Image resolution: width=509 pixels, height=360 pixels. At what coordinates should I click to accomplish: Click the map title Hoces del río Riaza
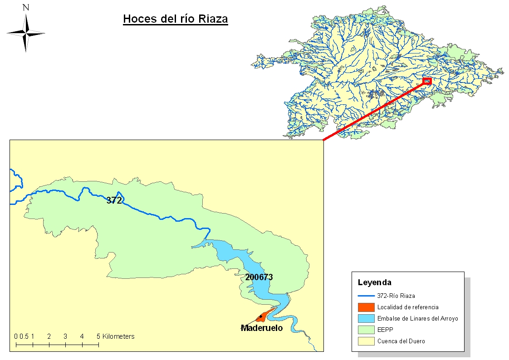pos(175,19)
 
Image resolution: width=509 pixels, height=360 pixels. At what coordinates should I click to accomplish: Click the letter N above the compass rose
pos(26,7)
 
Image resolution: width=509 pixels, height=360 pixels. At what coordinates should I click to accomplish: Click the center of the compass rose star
pos(26,33)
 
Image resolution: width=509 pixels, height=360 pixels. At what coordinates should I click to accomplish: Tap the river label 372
pos(114,200)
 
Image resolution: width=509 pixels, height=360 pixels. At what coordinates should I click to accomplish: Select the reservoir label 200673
pos(259,277)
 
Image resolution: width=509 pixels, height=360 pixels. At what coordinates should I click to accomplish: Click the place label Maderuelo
pos(262,328)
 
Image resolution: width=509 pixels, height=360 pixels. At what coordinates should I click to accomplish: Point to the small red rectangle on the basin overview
pos(427,81)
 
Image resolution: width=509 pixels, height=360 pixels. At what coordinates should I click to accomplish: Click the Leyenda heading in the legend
pos(374,282)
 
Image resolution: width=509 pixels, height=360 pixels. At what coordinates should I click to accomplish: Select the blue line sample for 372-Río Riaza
pos(366,296)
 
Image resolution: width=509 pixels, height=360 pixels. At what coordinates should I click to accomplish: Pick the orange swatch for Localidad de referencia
pos(366,307)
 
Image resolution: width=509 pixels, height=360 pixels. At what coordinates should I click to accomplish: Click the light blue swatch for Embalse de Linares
pos(366,318)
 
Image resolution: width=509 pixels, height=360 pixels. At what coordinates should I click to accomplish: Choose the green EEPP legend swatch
pos(366,330)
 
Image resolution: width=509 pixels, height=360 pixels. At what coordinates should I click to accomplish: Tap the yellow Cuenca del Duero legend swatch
pos(366,341)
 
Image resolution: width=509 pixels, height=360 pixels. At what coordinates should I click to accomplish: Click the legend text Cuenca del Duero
pos(401,341)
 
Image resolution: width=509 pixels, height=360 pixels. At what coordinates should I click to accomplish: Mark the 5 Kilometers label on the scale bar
pos(116,336)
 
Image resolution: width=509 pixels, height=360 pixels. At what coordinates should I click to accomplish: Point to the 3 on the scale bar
pos(65,336)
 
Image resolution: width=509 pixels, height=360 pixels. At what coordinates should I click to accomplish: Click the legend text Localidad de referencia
pos(408,307)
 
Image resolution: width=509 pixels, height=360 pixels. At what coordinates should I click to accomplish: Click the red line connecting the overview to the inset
pos(374,110)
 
